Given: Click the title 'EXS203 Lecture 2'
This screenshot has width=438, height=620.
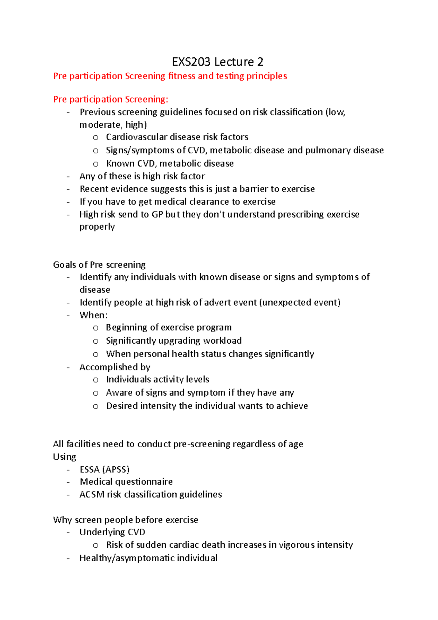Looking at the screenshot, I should pos(218,62).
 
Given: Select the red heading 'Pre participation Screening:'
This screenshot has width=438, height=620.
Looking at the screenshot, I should pos(111,99).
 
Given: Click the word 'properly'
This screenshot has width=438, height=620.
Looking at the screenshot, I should pos(97,227).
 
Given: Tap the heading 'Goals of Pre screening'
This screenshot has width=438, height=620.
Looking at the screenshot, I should pos(99,265).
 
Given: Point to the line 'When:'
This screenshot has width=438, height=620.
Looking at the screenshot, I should pos(94,315).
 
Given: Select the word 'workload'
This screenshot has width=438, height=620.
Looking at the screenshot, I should pos(222,341).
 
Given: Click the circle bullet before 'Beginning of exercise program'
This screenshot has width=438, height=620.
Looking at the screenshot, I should pos(96,328).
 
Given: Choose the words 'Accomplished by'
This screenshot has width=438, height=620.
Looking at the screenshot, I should pos(115,367).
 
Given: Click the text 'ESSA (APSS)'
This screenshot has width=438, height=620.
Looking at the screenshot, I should pos(104,470).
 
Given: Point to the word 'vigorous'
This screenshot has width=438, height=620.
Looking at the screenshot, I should pos(296,545).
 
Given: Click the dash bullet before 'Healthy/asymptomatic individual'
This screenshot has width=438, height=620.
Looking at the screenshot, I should pos(68,558).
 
